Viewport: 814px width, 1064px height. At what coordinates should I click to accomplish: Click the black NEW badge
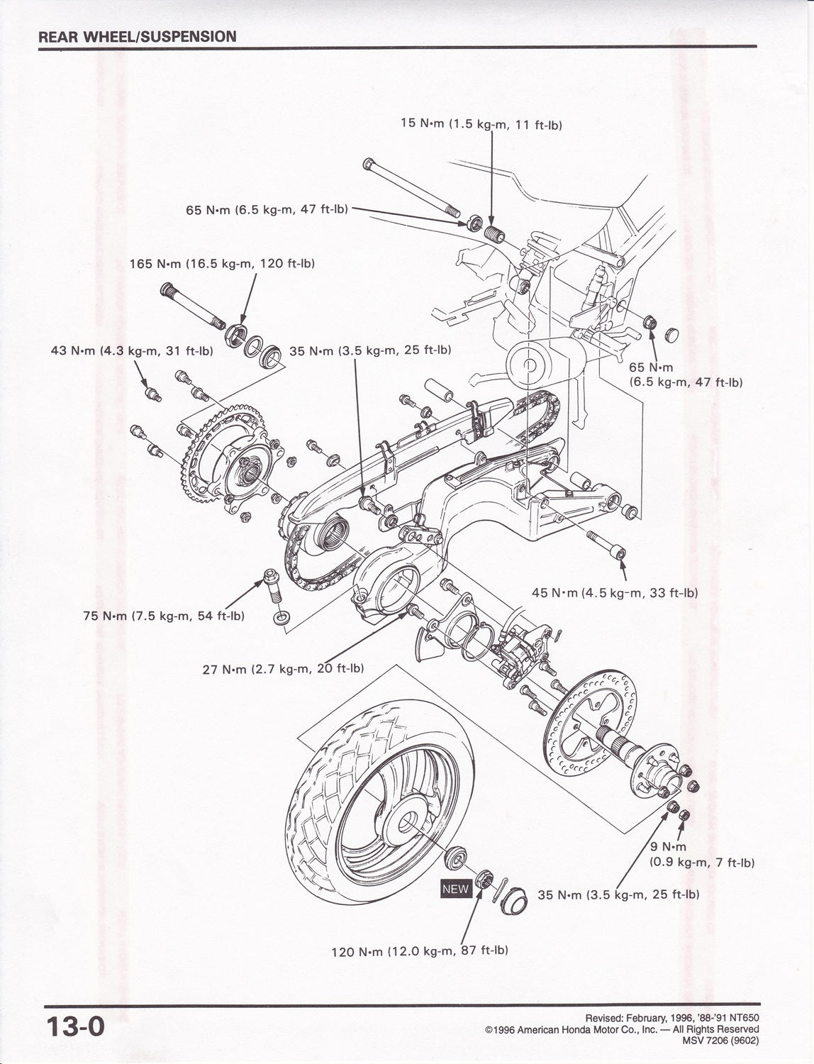click(455, 888)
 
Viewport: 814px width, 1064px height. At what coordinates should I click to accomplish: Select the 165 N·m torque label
click(222, 263)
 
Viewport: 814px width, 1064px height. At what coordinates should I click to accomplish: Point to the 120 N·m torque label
click(420, 951)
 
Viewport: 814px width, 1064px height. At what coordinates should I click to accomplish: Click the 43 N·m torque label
click(132, 350)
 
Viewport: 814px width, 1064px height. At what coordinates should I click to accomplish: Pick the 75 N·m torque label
click(164, 616)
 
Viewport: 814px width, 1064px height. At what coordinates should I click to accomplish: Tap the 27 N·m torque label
click(284, 668)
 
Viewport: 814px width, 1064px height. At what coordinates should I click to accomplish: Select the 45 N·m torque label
click(615, 592)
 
